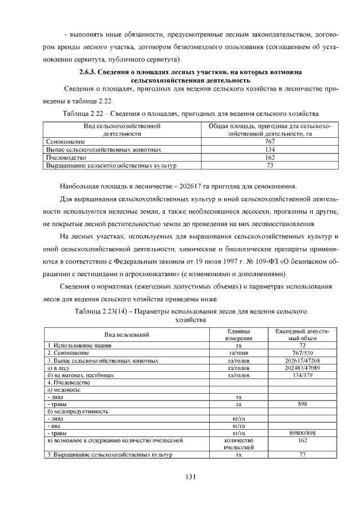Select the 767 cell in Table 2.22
(269, 142)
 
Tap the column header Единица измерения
(238, 335)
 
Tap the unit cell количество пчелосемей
(238, 444)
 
